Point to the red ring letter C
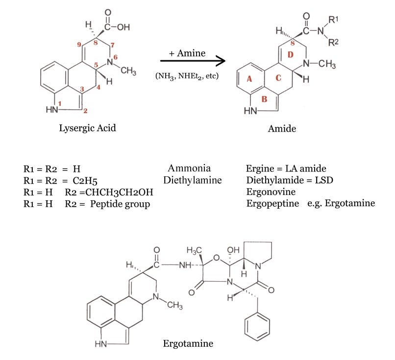pyautogui.click(x=278, y=78)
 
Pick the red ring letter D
pyautogui.click(x=290, y=54)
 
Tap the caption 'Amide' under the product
pyautogui.click(x=281, y=128)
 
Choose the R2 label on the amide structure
pyautogui.click(x=335, y=43)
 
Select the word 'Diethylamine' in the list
pyautogui.click(x=193, y=180)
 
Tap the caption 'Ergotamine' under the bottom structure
pyautogui.click(x=188, y=343)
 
